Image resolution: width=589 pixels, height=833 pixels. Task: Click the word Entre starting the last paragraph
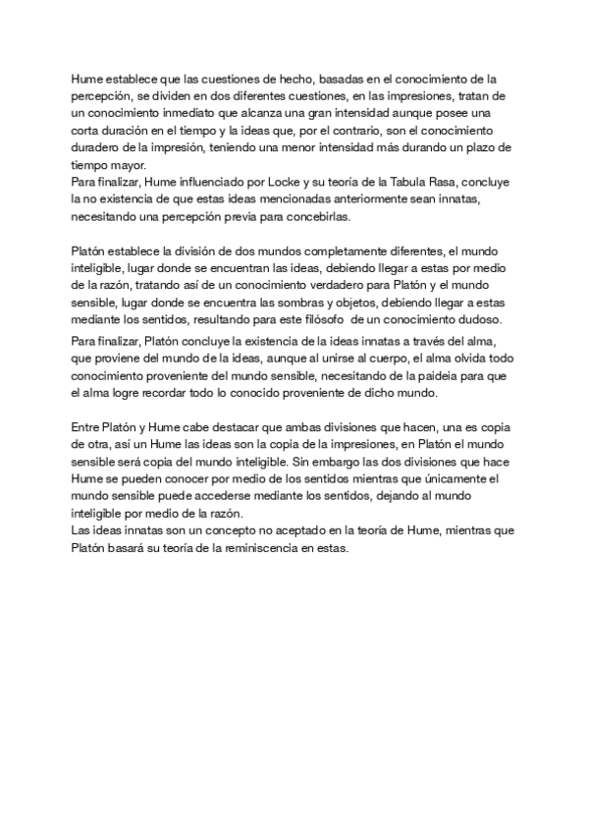(89, 428)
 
